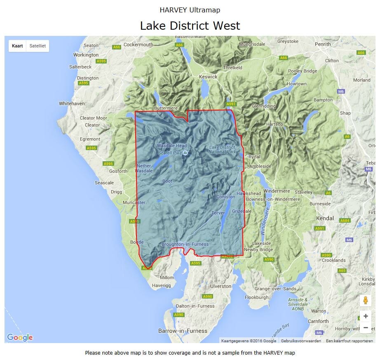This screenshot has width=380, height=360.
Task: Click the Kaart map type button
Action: click(x=17, y=46)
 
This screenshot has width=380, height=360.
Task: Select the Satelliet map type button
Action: click(x=37, y=46)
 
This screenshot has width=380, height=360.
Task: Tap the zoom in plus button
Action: click(x=365, y=316)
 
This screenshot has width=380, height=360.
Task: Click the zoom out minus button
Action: click(x=365, y=328)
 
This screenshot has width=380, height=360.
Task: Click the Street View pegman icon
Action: click(x=365, y=301)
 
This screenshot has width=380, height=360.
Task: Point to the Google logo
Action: click(x=20, y=337)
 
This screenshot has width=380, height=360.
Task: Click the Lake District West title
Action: click(x=190, y=26)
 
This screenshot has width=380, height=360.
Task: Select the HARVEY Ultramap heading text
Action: click(x=190, y=9)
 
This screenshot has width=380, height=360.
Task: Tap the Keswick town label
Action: click(x=208, y=77)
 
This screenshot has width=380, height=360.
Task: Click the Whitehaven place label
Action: click(x=72, y=104)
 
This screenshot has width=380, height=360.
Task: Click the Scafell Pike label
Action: click(x=170, y=153)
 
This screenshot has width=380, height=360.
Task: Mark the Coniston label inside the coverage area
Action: click(x=225, y=197)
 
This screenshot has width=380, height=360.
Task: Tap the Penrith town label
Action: click(x=323, y=44)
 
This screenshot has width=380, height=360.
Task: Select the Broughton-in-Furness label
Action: click(x=185, y=244)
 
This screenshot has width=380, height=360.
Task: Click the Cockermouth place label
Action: click(x=138, y=45)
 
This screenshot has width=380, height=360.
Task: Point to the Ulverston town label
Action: click(x=220, y=286)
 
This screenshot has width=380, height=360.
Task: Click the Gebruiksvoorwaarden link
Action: click(x=301, y=341)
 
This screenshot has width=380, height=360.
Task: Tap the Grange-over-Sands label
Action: click(x=275, y=289)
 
